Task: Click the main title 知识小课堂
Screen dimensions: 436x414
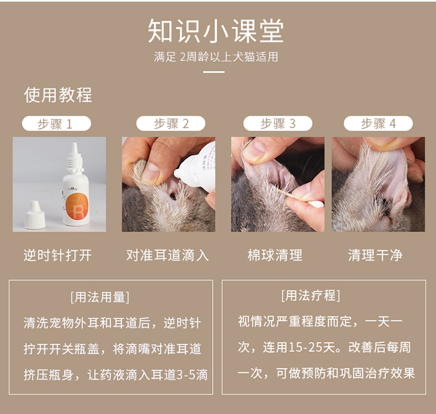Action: [216, 31]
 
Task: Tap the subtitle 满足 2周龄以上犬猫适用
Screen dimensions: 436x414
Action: [216, 57]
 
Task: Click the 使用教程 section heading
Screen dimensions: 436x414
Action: [58, 95]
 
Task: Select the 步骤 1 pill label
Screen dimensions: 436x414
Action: [56, 123]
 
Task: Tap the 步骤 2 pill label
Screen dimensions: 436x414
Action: [171, 123]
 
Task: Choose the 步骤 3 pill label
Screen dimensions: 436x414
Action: [277, 123]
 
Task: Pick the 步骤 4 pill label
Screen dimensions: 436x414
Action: [378, 123]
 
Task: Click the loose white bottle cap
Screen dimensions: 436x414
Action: [35, 215]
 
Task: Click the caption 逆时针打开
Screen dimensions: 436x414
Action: [58, 255]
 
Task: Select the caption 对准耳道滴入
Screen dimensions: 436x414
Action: [167, 255]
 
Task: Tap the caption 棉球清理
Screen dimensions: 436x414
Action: [275, 255]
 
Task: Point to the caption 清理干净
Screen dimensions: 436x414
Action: [376, 255]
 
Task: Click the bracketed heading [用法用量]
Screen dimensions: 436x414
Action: [100, 297]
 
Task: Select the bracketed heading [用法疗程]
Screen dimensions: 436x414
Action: [310, 295]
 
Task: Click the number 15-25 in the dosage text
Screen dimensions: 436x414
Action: [305, 348]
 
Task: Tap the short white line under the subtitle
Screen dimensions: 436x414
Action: [213, 72]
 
